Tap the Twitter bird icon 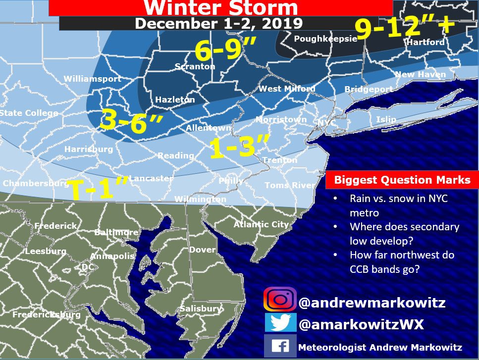(280, 323)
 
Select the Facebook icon (280, 346)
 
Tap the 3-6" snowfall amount (131, 121)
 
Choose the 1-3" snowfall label (239, 148)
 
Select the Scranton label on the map (195, 66)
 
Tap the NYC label (327, 122)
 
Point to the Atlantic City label (261, 224)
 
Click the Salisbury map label (200, 309)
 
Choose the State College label (29, 113)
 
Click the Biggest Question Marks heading (402, 180)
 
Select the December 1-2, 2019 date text (218, 23)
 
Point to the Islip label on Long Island (386, 119)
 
